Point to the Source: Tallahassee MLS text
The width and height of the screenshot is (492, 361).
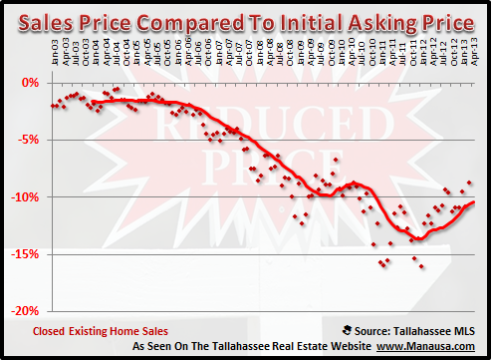(x=414, y=326)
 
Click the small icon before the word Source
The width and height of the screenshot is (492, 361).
(x=346, y=326)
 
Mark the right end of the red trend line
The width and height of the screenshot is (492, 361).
(x=473, y=202)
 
